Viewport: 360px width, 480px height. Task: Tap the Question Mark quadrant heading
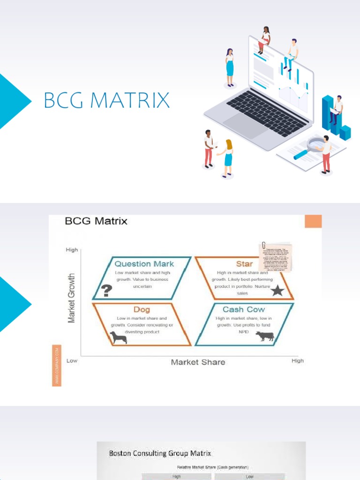[144, 264]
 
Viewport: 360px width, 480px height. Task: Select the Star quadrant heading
[244, 264]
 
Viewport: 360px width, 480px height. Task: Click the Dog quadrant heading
[142, 309]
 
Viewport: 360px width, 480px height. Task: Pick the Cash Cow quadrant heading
[243, 309]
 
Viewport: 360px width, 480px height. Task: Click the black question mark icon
[107, 291]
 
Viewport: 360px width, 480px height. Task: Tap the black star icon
[277, 291]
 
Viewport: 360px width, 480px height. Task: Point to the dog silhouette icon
[118, 337]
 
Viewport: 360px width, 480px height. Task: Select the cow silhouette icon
[265, 336]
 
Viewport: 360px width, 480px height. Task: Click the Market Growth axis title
[72, 298]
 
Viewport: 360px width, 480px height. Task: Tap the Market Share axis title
[198, 362]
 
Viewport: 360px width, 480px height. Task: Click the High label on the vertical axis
[72, 250]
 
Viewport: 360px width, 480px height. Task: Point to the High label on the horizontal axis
[297, 360]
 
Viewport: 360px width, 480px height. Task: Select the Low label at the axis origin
[72, 360]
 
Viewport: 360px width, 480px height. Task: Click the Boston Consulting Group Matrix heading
[160, 453]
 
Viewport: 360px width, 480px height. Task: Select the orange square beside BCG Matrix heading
[313, 222]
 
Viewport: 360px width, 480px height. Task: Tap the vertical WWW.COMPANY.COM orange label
[57, 365]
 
